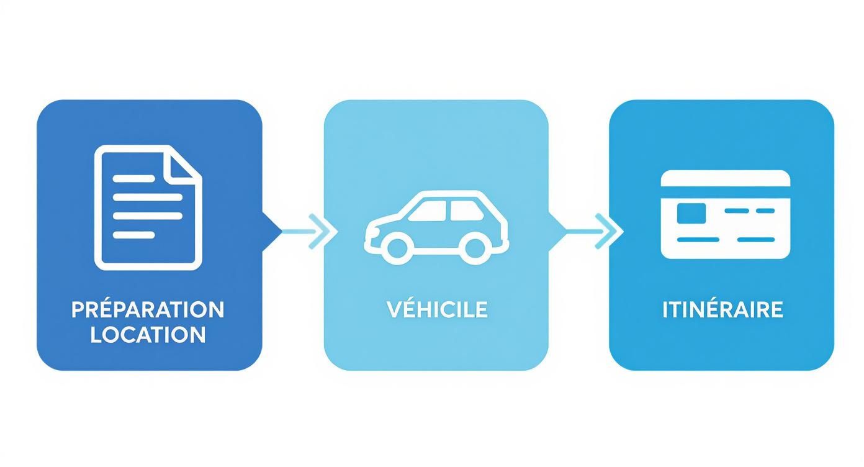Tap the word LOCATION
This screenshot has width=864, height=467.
148,334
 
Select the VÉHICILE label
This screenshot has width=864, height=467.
438,309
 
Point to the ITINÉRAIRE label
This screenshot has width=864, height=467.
723,309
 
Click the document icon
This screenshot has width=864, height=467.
148,207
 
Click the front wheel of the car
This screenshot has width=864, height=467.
397,249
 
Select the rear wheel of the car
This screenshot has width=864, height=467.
475,249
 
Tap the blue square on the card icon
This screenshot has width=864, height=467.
691,213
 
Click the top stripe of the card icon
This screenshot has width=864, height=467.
726,178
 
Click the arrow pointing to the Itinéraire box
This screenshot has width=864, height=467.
595,231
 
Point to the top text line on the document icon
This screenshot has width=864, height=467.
134,178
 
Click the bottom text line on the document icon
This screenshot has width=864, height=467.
134,235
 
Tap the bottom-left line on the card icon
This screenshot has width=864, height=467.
698,240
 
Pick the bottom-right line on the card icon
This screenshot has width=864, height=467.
756,240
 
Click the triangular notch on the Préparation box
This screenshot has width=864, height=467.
272,232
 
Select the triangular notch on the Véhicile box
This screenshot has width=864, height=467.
557,232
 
